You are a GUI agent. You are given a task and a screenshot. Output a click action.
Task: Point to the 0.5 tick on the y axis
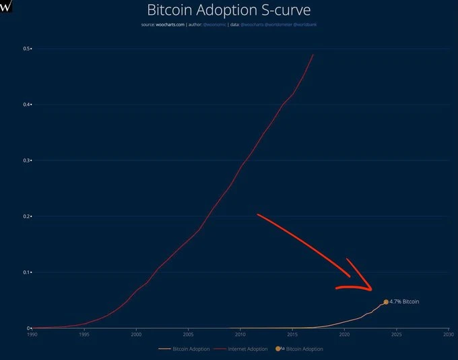pos(27,49)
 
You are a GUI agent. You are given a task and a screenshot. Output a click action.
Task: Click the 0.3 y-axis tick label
pos(27,160)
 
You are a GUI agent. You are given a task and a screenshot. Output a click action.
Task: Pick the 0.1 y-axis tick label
pos(27,272)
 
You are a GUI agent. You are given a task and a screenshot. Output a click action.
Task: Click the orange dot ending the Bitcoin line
pos(386,302)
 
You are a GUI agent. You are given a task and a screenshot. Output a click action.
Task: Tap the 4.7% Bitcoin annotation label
pos(405,301)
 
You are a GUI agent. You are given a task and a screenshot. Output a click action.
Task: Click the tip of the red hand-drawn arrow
pos(371,291)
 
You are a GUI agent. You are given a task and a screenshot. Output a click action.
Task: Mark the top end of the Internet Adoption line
pos(313,54)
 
